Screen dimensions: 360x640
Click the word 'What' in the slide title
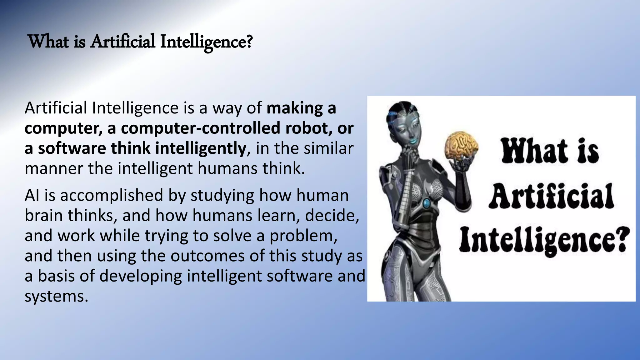click(x=48, y=42)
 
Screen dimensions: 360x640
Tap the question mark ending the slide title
click(x=249, y=42)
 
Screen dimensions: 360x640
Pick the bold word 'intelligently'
click(x=200, y=148)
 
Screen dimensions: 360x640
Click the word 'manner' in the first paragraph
click(x=53, y=168)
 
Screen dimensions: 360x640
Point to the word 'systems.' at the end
click(x=56, y=296)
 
